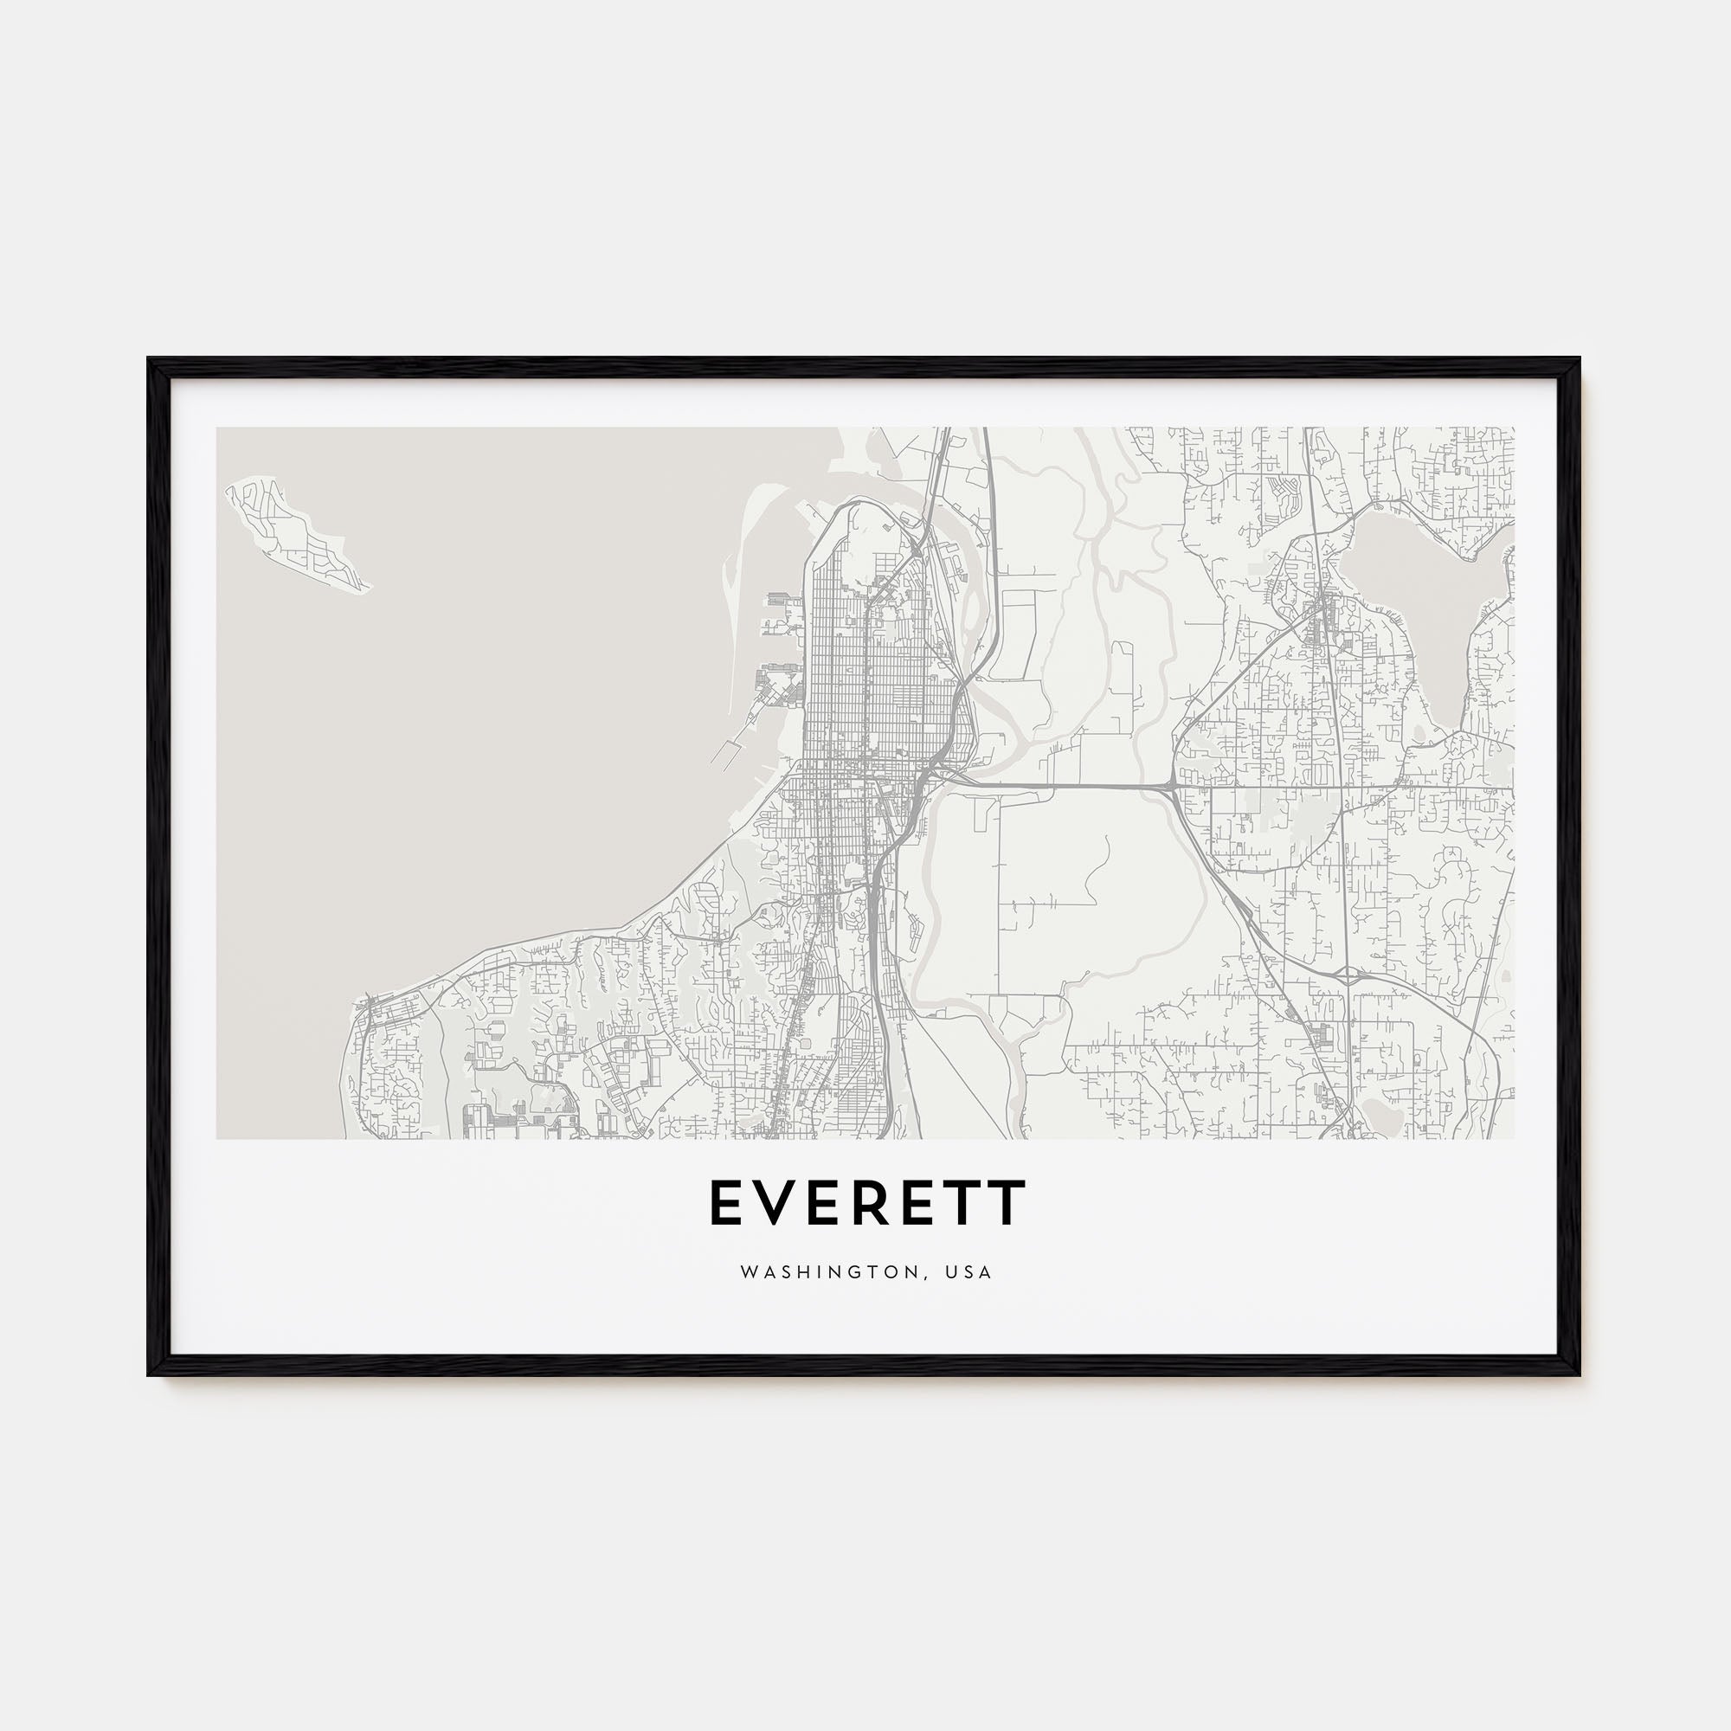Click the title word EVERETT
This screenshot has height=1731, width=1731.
click(x=867, y=1202)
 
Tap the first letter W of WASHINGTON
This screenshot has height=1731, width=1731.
click(x=747, y=1272)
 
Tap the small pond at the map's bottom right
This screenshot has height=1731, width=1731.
click(x=1384, y=1115)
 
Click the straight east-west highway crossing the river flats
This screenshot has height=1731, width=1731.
click(x=1058, y=786)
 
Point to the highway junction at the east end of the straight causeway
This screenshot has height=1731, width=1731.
click(x=1169, y=788)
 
